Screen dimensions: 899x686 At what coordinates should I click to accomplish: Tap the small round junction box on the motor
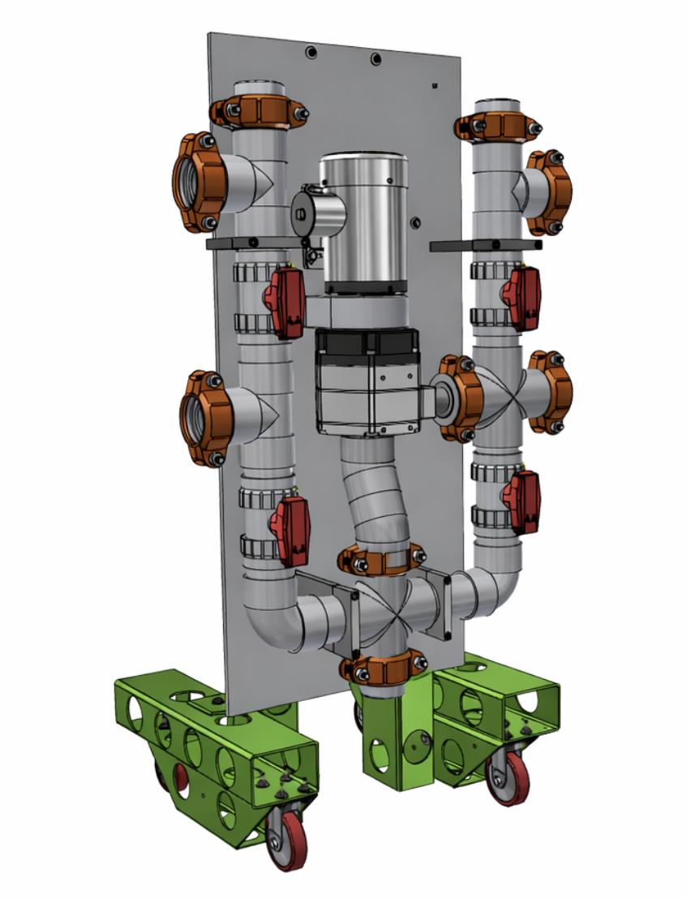click(x=303, y=213)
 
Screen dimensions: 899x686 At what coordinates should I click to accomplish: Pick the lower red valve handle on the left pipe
click(x=289, y=531)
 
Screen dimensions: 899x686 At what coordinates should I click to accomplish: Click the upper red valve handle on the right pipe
click(x=522, y=298)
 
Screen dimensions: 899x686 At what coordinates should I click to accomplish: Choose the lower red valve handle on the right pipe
click(x=522, y=501)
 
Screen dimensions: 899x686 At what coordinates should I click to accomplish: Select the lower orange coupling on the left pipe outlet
click(x=200, y=418)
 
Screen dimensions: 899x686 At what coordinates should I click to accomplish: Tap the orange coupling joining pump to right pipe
click(x=459, y=398)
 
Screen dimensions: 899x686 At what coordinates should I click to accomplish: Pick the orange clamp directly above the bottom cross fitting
click(x=382, y=559)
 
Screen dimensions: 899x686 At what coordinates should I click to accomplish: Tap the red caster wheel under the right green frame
click(x=508, y=780)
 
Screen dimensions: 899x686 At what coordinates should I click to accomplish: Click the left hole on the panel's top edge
click(x=310, y=52)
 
